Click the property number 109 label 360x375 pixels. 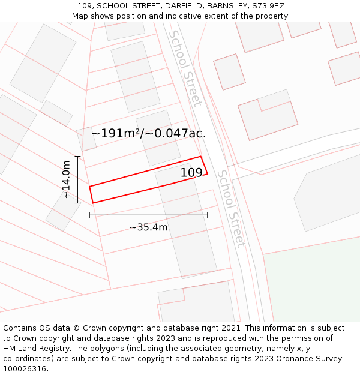point(191,173)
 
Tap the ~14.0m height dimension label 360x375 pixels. point(67,179)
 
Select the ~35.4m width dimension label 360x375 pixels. point(148,227)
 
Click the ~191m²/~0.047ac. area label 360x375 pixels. point(148,133)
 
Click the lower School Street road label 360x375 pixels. point(231,208)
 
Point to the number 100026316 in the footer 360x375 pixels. point(25,369)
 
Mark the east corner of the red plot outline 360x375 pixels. point(207,174)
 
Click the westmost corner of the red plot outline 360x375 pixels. point(90,187)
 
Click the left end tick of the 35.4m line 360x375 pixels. point(89,215)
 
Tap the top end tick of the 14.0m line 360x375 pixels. point(77,156)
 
